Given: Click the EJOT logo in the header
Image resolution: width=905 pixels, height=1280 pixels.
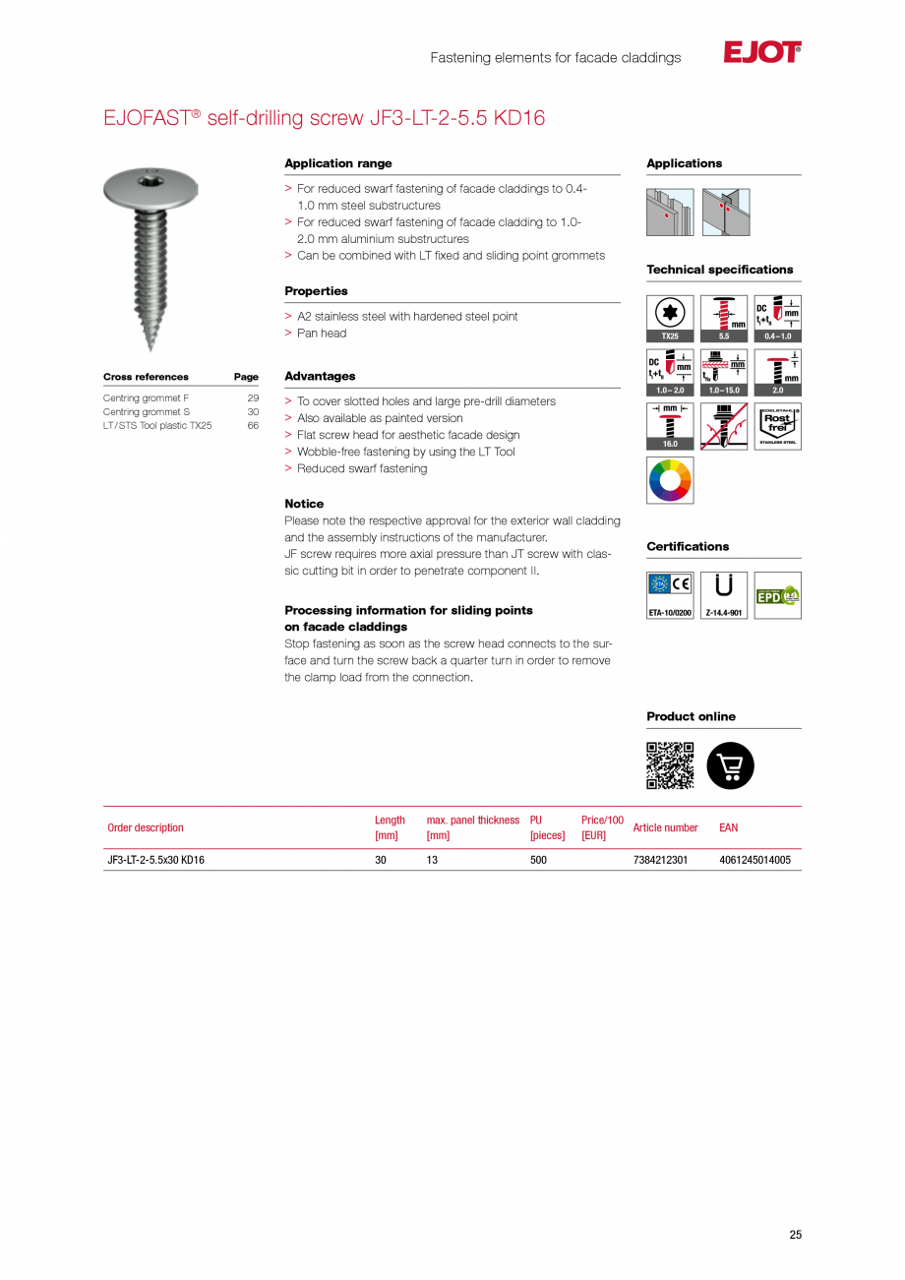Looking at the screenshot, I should [762, 53].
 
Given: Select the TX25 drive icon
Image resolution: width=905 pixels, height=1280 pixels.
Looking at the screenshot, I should [670, 318].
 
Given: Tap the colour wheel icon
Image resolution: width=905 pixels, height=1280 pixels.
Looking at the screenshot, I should [670, 480].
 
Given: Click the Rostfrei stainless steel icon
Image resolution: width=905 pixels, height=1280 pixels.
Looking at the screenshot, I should [777, 425].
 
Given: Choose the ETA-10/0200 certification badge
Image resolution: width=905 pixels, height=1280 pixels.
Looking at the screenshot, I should [670, 595].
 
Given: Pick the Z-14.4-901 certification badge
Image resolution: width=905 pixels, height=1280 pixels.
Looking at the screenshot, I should [724, 595].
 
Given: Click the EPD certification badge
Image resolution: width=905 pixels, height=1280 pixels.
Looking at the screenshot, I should [777, 595].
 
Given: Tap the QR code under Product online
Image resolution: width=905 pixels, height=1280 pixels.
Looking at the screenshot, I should [670, 765].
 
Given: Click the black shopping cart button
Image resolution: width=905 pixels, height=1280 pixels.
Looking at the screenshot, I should [731, 765].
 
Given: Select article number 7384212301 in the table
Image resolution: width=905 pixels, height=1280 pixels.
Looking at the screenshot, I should [660, 860].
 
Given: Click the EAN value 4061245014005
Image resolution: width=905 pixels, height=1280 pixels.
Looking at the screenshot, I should [754, 860].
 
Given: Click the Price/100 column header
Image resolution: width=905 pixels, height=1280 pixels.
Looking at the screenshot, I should [602, 827].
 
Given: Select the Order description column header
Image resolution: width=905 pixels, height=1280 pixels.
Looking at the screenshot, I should [146, 827].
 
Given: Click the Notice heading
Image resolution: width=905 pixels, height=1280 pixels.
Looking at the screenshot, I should [304, 504].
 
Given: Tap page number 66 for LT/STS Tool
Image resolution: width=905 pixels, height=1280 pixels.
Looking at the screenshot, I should [253, 426].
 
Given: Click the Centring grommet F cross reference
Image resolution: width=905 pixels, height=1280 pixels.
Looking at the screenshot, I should [146, 398].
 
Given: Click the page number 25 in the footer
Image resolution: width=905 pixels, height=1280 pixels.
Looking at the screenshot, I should [795, 1235].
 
